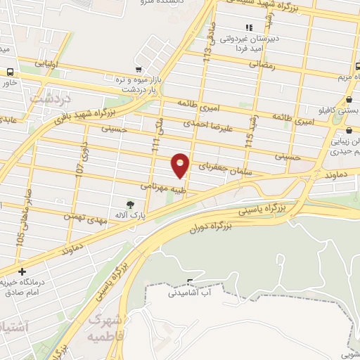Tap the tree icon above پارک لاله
click(x=130, y=205)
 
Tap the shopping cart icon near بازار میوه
click(x=139, y=70)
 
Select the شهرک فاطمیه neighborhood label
click(x=106, y=327)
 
